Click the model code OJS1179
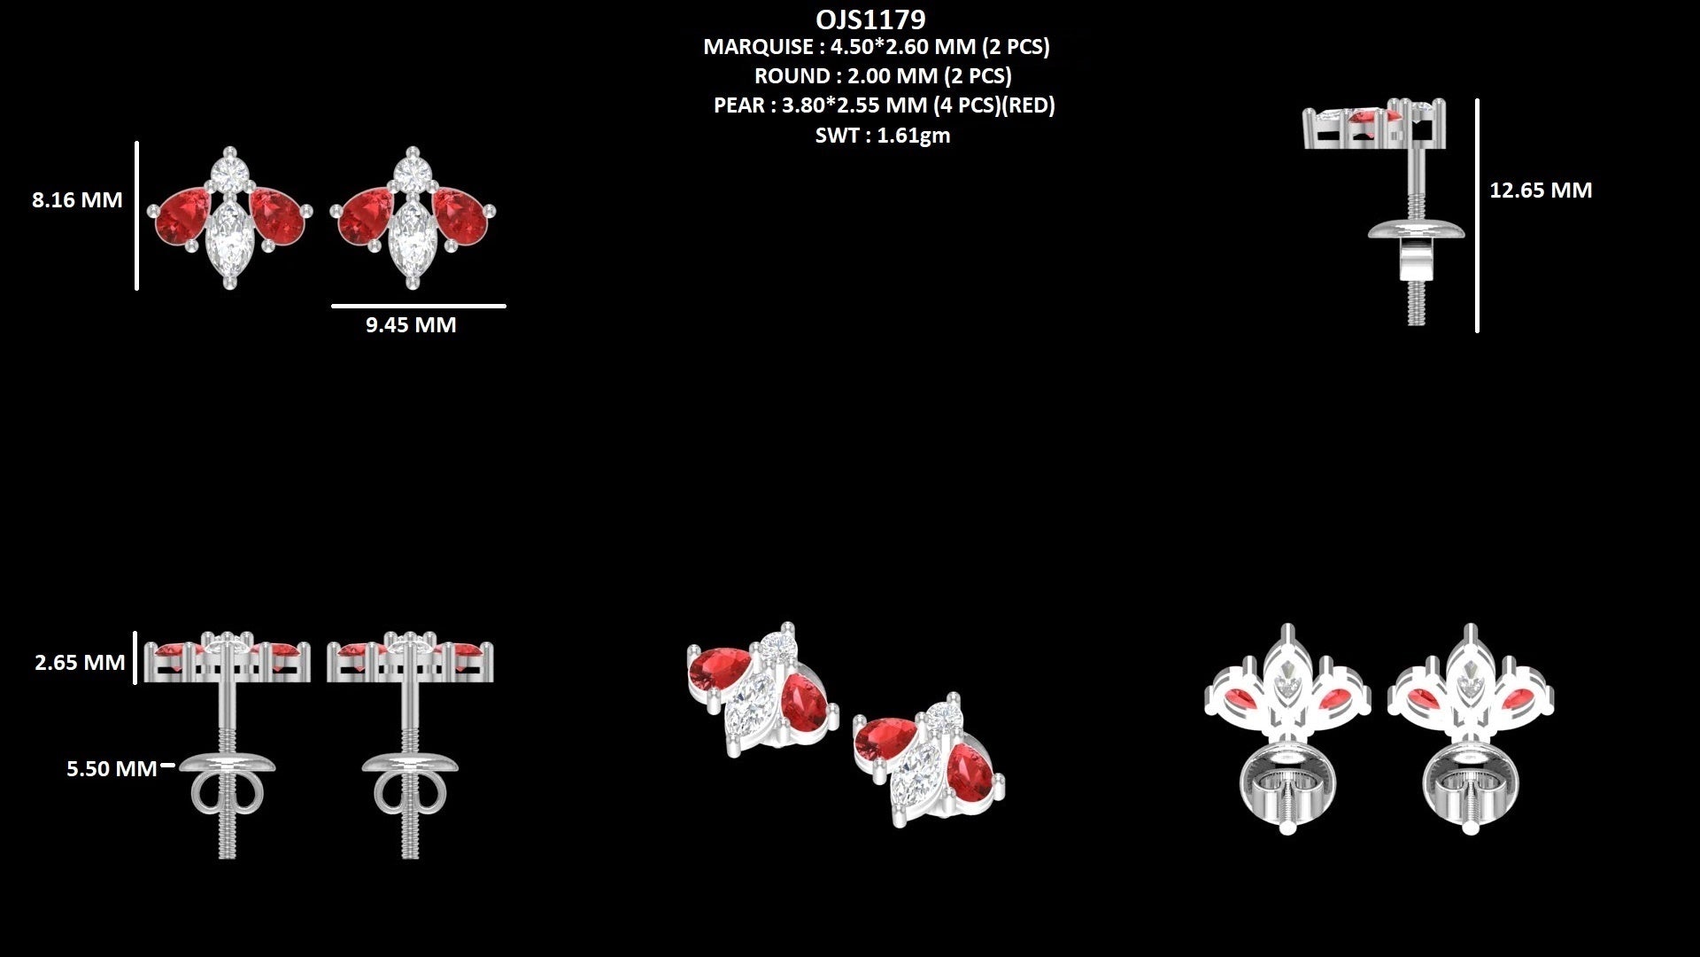(870, 19)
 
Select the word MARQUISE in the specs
(758, 47)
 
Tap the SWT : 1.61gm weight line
(883, 136)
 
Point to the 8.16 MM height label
(77, 200)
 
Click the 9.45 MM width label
(411, 325)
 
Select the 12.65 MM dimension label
(1541, 191)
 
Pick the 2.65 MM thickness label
(80, 663)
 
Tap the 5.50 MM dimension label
(112, 769)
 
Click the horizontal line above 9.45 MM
(419, 306)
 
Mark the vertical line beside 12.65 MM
(1477, 215)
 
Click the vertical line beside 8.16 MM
(136, 215)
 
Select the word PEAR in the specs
(739, 105)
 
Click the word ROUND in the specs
(792, 76)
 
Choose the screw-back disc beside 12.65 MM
(1416, 232)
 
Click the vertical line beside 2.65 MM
(135, 657)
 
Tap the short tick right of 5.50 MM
(167, 765)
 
